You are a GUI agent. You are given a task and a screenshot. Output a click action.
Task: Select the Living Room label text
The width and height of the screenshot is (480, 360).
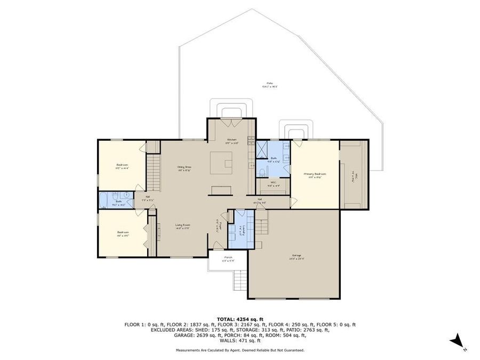(x=183, y=226)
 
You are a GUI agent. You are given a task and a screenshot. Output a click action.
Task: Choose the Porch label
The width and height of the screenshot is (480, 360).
(x=228, y=258)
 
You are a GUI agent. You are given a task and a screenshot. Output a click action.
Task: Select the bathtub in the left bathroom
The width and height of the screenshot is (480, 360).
(x=103, y=201)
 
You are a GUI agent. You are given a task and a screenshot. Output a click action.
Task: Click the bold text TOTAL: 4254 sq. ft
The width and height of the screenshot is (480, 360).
(x=239, y=319)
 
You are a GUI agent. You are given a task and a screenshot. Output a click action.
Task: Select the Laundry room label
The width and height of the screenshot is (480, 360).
(x=241, y=229)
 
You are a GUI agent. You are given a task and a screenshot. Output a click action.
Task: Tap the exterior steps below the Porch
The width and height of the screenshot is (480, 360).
(x=240, y=279)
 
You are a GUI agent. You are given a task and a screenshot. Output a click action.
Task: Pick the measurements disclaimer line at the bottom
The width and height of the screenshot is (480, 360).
(x=240, y=350)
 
